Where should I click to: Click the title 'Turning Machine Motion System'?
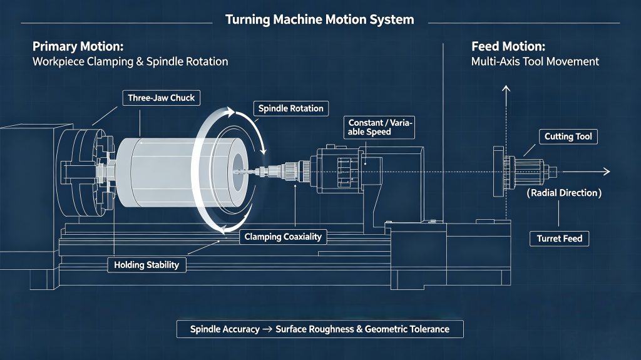[320, 19]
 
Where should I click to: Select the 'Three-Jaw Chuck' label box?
[161, 98]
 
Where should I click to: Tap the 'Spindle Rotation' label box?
[290, 108]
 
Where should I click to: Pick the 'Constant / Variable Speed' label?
[379, 127]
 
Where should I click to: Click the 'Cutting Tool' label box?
[568, 136]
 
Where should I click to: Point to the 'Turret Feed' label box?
[559, 239]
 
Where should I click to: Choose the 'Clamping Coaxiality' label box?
[283, 237]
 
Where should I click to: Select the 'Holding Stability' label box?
[146, 265]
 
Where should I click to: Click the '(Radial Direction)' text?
[564, 193]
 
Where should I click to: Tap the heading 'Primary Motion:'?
[78, 46]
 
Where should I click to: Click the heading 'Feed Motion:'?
[508, 46]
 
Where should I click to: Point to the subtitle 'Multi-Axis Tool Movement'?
[535, 62]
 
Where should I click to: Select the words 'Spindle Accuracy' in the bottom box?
[225, 329]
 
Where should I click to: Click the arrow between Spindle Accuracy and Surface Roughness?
[267, 329]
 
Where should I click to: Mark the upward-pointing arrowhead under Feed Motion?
[506, 89]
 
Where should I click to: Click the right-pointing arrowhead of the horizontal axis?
[607, 172]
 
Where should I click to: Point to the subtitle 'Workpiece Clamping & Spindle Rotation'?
[130, 62]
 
